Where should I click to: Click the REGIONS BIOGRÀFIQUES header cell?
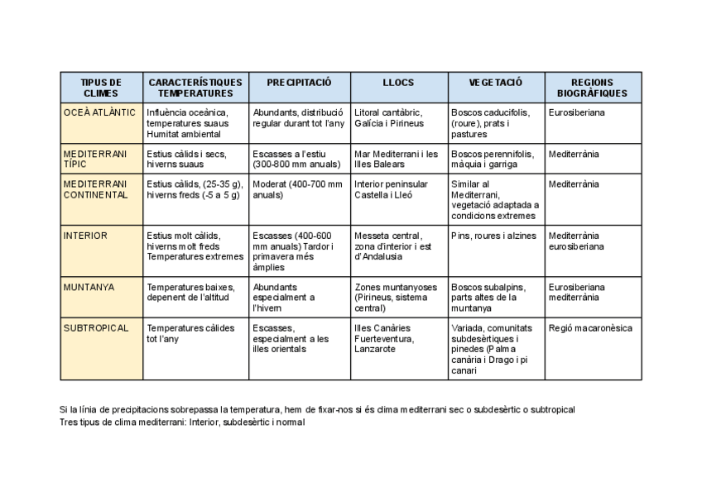pos(592,88)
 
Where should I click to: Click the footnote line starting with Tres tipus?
pos(182,422)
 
